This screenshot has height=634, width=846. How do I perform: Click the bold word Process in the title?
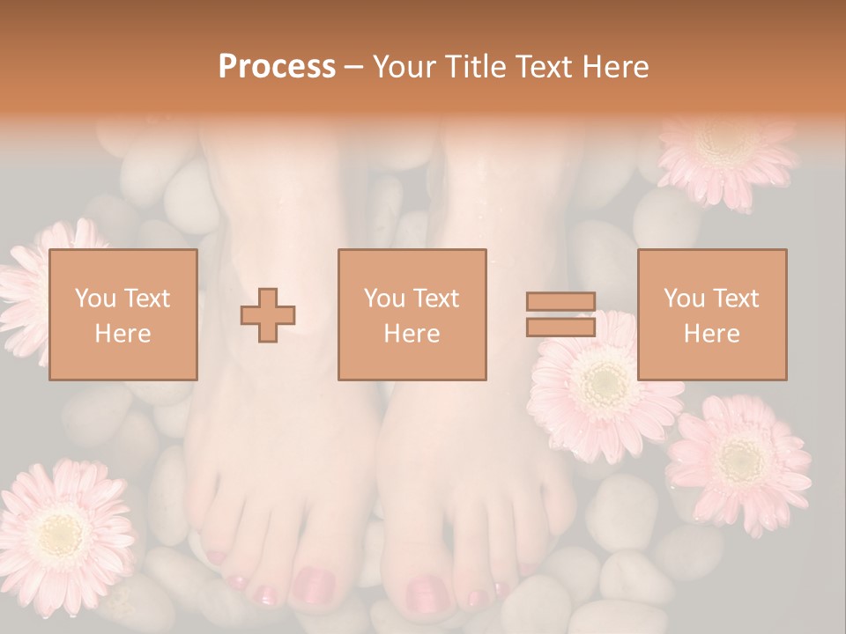click(277, 66)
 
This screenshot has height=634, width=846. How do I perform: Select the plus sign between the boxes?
click(268, 315)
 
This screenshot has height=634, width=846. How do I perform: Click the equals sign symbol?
click(560, 314)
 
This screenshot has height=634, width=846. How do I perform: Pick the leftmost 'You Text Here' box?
click(123, 314)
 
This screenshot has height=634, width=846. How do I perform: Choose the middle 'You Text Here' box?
click(412, 314)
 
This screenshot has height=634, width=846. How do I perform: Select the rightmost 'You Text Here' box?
click(712, 314)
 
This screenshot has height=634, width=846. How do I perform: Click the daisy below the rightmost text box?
click(738, 462)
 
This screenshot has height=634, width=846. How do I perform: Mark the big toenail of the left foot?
click(313, 584)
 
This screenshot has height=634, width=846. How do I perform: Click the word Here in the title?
click(616, 66)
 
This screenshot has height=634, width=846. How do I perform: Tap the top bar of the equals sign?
click(560, 302)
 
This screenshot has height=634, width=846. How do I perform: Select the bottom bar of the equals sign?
click(560, 327)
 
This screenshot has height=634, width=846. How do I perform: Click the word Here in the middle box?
click(412, 333)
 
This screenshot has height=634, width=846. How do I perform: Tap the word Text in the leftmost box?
click(147, 299)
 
